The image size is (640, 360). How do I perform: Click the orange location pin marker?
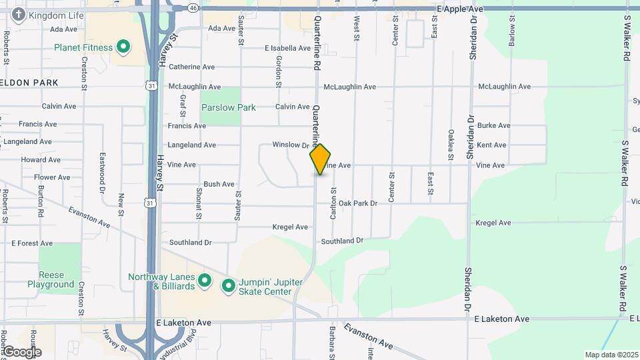[x=320, y=159]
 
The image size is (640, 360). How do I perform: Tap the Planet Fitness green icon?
[x=123, y=47]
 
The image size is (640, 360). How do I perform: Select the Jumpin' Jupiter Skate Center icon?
[x=229, y=286]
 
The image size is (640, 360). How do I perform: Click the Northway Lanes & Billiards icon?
[x=205, y=281]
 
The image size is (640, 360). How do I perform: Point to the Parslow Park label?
[x=229, y=107]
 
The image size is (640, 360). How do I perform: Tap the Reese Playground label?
[x=51, y=280]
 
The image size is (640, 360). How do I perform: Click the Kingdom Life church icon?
[x=19, y=14]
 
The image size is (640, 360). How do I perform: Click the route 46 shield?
[x=193, y=8]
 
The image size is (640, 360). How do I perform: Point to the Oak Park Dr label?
[x=358, y=203]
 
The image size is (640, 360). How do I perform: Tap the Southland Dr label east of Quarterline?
[x=342, y=241]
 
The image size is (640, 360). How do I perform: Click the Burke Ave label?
[x=494, y=125]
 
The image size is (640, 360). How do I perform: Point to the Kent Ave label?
[x=492, y=145]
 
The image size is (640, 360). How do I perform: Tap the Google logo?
[x=21, y=351]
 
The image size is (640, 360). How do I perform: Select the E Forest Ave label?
[x=33, y=243]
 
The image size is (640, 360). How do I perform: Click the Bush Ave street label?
[x=219, y=184]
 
